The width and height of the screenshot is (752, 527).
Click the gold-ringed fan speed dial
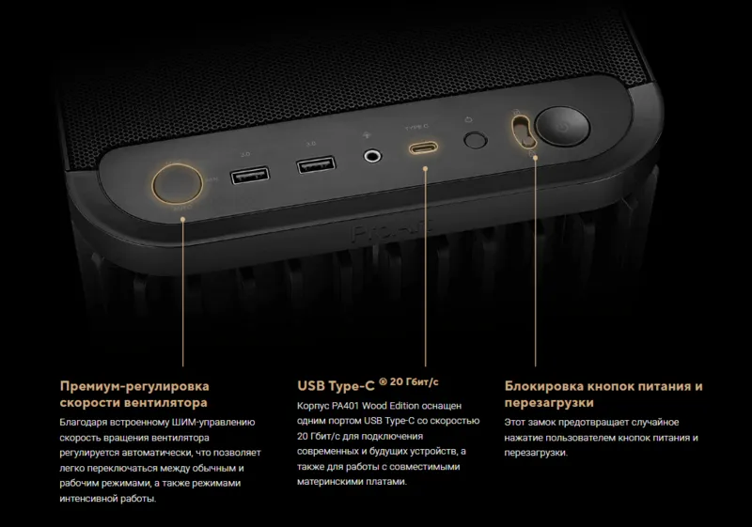[177, 183]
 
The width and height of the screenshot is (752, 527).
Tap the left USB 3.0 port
[250, 175]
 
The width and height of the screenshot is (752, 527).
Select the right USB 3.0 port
[316, 164]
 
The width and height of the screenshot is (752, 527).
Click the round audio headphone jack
[371, 156]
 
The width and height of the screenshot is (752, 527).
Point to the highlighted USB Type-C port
[423, 147]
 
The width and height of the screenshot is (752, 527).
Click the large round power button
[562, 126]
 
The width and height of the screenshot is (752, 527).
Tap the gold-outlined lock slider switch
[523, 132]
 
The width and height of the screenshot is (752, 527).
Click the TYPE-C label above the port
[416, 128]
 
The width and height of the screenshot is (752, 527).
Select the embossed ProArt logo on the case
[391, 230]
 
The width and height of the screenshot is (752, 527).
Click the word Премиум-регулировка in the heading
[134, 386]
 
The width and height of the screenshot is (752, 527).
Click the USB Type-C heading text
[336, 386]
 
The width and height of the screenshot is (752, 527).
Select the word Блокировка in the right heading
[544, 386]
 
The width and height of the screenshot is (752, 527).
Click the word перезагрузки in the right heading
[549, 403]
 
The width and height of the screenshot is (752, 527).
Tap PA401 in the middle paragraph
[345, 406]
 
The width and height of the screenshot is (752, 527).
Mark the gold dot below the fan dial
[182, 220]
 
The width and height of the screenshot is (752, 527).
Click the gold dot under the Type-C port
[425, 169]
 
